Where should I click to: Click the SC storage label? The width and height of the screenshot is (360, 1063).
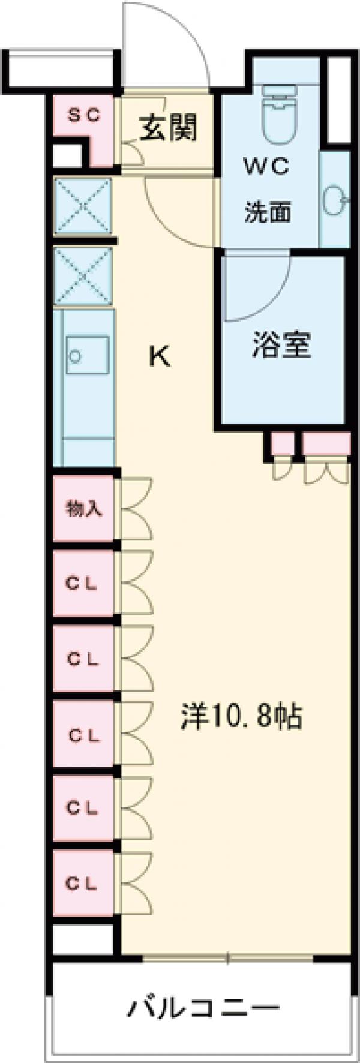pos(83,115)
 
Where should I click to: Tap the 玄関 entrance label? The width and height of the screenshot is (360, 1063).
pos(169,128)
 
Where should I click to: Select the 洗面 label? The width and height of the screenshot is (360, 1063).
pos(268,212)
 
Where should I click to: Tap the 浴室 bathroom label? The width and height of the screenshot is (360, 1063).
pos(281,346)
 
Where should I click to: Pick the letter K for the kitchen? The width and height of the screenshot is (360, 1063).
pos(160,358)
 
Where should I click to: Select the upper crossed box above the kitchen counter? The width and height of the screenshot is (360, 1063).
pos(83,207)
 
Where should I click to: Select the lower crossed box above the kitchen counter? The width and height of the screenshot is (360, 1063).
pos(83,277)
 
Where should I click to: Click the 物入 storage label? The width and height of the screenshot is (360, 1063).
pos(83,509)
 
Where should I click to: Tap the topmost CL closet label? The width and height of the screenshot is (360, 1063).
pos(82,584)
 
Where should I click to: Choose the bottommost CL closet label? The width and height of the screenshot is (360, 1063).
pos(82,883)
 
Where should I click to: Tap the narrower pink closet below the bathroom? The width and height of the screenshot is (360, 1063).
pos(281,443)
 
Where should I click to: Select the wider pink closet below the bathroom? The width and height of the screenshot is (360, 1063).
pos(326,443)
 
